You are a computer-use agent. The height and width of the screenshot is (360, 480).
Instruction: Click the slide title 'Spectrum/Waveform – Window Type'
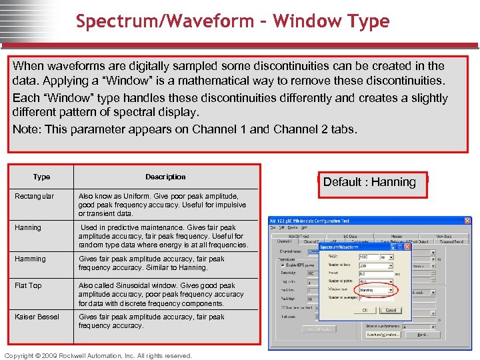coord(232,21)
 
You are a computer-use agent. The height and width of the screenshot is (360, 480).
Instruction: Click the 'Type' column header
coord(41,177)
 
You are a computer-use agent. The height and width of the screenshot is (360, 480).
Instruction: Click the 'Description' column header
coord(165,177)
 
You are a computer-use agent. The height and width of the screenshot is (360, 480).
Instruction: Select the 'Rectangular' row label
coord(35,197)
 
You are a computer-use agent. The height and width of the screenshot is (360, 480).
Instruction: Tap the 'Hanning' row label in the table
coord(28,228)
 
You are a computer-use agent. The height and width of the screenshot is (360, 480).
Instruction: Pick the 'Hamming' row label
coord(31,259)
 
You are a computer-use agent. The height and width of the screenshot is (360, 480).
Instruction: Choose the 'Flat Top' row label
coord(28,286)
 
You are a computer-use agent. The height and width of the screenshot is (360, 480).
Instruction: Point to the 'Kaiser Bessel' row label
coord(37,317)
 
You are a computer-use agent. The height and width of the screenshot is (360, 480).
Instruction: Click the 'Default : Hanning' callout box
coord(369,182)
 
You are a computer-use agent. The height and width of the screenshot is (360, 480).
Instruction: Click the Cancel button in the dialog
coord(391,310)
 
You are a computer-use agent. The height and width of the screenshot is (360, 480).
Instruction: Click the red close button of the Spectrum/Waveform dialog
coord(407,247)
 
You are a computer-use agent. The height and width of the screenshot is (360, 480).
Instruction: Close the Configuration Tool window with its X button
coord(467,221)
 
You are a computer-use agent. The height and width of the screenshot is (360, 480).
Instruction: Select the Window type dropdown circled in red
coord(375,290)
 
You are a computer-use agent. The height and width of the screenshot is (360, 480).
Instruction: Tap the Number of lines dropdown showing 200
coord(375,265)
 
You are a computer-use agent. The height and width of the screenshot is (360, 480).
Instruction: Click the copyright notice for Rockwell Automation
coord(98,355)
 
